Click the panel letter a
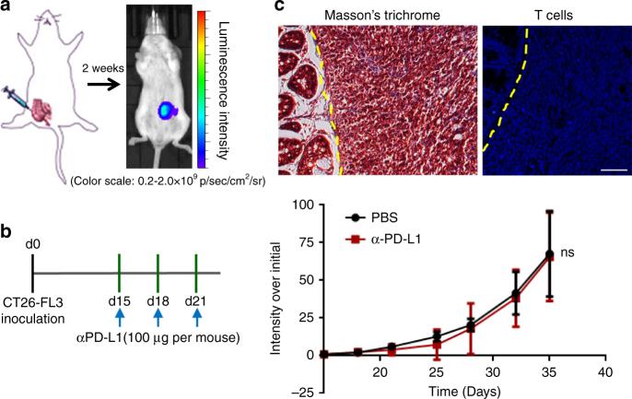click(x=6, y=8)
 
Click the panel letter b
click(x=6, y=235)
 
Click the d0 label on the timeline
click(x=32, y=243)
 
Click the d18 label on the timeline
click(x=159, y=299)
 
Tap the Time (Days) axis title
click(x=462, y=391)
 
